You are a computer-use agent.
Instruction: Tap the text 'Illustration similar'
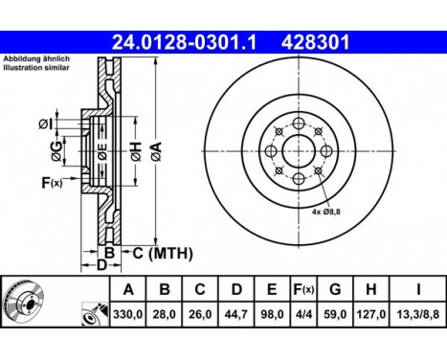pyautogui.click(x=35, y=69)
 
